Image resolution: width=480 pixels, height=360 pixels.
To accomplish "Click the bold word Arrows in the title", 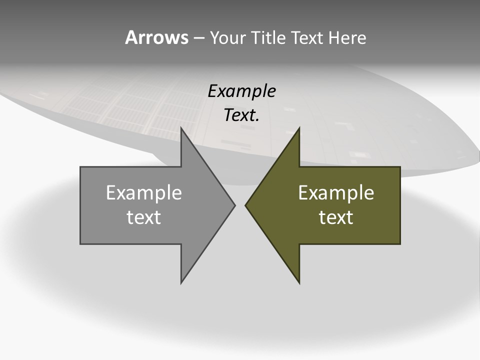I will point(156,37).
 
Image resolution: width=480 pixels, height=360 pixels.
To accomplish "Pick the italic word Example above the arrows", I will point(241,91).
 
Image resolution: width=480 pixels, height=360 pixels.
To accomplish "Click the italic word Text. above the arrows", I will point(241,115).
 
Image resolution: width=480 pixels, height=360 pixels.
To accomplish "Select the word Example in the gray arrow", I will point(143,192).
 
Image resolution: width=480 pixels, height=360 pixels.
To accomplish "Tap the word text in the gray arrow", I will point(143,217).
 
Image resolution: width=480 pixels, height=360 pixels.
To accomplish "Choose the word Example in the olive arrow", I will point(336,192).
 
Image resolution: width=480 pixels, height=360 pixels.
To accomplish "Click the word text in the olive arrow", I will point(336,217).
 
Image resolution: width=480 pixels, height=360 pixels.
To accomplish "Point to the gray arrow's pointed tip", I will point(234,205).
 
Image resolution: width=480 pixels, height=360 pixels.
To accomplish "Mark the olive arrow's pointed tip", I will point(245,205).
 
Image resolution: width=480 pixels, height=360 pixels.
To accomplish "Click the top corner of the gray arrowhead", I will point(181,128).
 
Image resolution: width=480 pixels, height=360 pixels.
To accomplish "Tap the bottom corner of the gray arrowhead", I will point(181,282).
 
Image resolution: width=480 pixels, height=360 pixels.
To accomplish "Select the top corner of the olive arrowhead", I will point(299,128).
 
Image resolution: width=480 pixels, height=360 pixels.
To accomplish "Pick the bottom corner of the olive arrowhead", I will point(299,282).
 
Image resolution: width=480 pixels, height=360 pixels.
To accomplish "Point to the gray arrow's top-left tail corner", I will point(81,167).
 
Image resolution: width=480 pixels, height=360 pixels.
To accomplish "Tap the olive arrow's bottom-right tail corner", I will point(400,243).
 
